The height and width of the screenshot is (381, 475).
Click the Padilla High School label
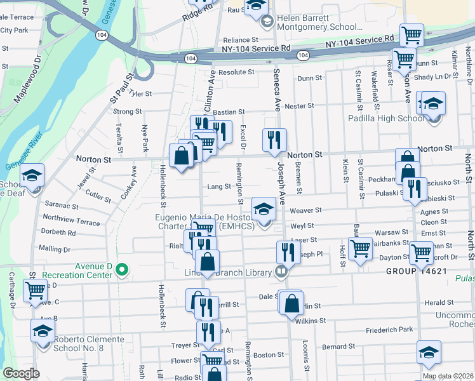[385, 118]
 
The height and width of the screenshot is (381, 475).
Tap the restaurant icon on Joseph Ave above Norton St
[274, 140]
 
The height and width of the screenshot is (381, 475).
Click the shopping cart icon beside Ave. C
[35, 291]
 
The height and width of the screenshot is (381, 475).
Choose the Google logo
[21, 373]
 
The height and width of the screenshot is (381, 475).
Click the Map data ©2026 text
[448, 376]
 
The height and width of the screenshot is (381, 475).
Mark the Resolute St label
[236, 72]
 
